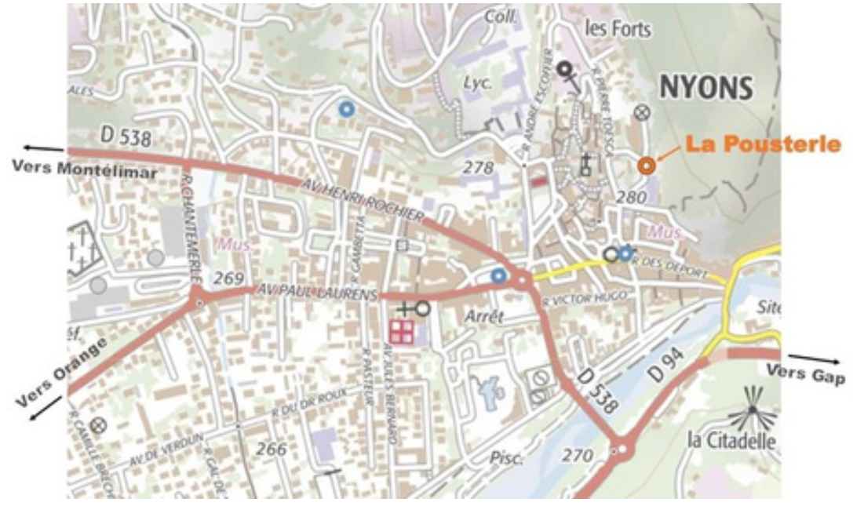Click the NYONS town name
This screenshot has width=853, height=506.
click(705, 88)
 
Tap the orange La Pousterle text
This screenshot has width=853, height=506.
click(763, 144)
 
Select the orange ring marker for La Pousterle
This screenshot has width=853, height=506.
click(646, 166)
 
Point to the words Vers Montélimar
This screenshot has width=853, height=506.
click(84, 170)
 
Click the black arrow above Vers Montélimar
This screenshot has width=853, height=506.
click(43, 147)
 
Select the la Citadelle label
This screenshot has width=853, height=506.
click(731, 441)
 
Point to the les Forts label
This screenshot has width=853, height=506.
click(618, 30)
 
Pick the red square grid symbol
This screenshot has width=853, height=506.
click(401, 331)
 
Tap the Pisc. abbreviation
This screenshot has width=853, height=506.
click(505, 458)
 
